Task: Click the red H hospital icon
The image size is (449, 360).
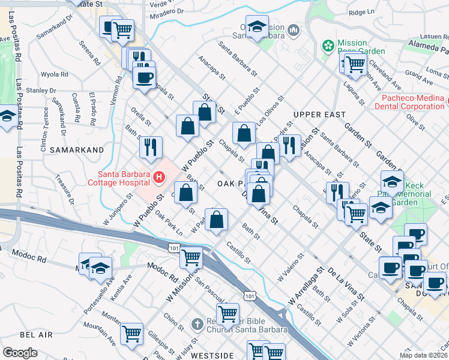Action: pos(159,177)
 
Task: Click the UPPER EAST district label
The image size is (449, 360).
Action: pos(319,114)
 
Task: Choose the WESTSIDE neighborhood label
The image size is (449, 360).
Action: pos(211,355)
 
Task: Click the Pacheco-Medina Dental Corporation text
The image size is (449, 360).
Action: pos(413,102)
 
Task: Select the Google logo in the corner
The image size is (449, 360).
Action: pos(20,353)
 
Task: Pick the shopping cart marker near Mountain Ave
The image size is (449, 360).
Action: pos(131,333)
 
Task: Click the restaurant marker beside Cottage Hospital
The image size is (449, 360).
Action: pos(151,146)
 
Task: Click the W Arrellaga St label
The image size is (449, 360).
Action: pos(306,284)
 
